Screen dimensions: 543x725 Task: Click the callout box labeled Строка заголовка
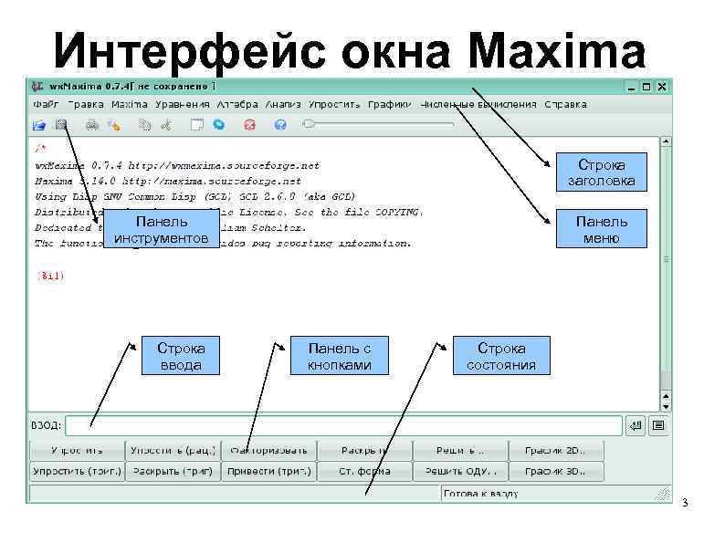[602, 172]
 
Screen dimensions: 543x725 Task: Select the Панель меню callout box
[602, 229]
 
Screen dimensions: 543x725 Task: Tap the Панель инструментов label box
[162, 230]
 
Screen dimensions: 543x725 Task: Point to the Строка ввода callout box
[181, 356]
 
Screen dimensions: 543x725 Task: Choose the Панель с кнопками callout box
[340, 356]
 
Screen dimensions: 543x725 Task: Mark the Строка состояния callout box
[502, 356]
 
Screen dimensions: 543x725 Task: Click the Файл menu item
[46, 104]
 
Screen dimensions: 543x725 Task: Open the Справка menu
[565, 104]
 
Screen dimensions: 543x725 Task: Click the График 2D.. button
[556, 450]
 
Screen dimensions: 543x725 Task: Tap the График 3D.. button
[556, 472]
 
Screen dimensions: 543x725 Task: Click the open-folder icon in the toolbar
[39, 124]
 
